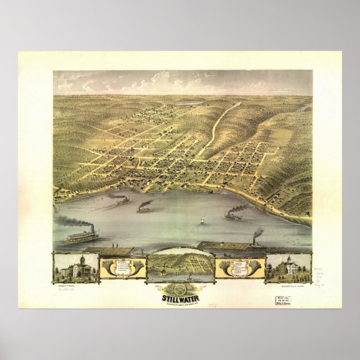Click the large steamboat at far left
coord(82,236)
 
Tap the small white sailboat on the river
coord(201,222)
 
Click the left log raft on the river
coord(109,250)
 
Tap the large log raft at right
coord(224,245)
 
